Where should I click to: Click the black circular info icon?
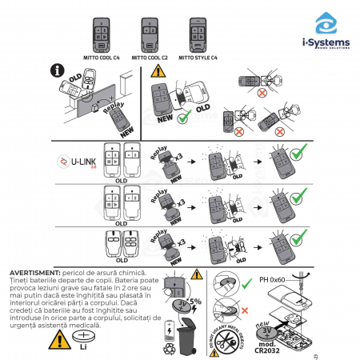click(58, 71)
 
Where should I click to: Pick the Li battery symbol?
click(82, 341)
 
